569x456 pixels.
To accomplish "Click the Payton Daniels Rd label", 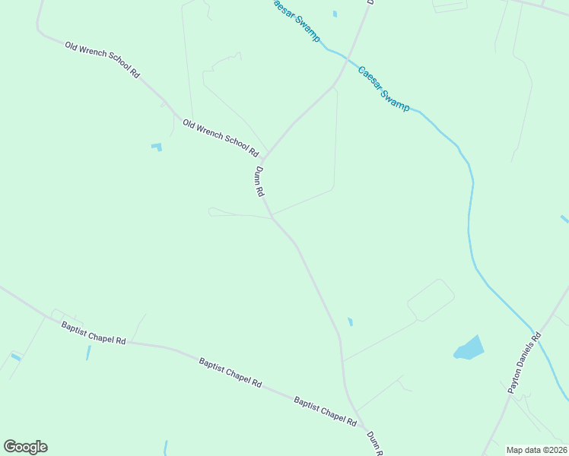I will coord(524,363).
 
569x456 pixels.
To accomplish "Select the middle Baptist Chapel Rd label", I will coord(230,372).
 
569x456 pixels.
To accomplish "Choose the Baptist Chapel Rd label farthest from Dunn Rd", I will coord(94,333).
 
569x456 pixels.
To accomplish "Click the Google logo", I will coord(25,447).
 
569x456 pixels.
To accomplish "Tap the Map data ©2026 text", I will coord(536,450).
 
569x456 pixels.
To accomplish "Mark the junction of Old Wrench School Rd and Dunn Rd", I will coord(264,157).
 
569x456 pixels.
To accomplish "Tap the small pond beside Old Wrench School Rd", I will coord(157,146).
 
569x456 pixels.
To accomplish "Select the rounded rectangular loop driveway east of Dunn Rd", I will coord(431,301).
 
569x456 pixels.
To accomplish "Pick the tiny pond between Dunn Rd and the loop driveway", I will coord(350,321).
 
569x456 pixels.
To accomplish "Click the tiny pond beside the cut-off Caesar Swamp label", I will coord(335,14).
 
